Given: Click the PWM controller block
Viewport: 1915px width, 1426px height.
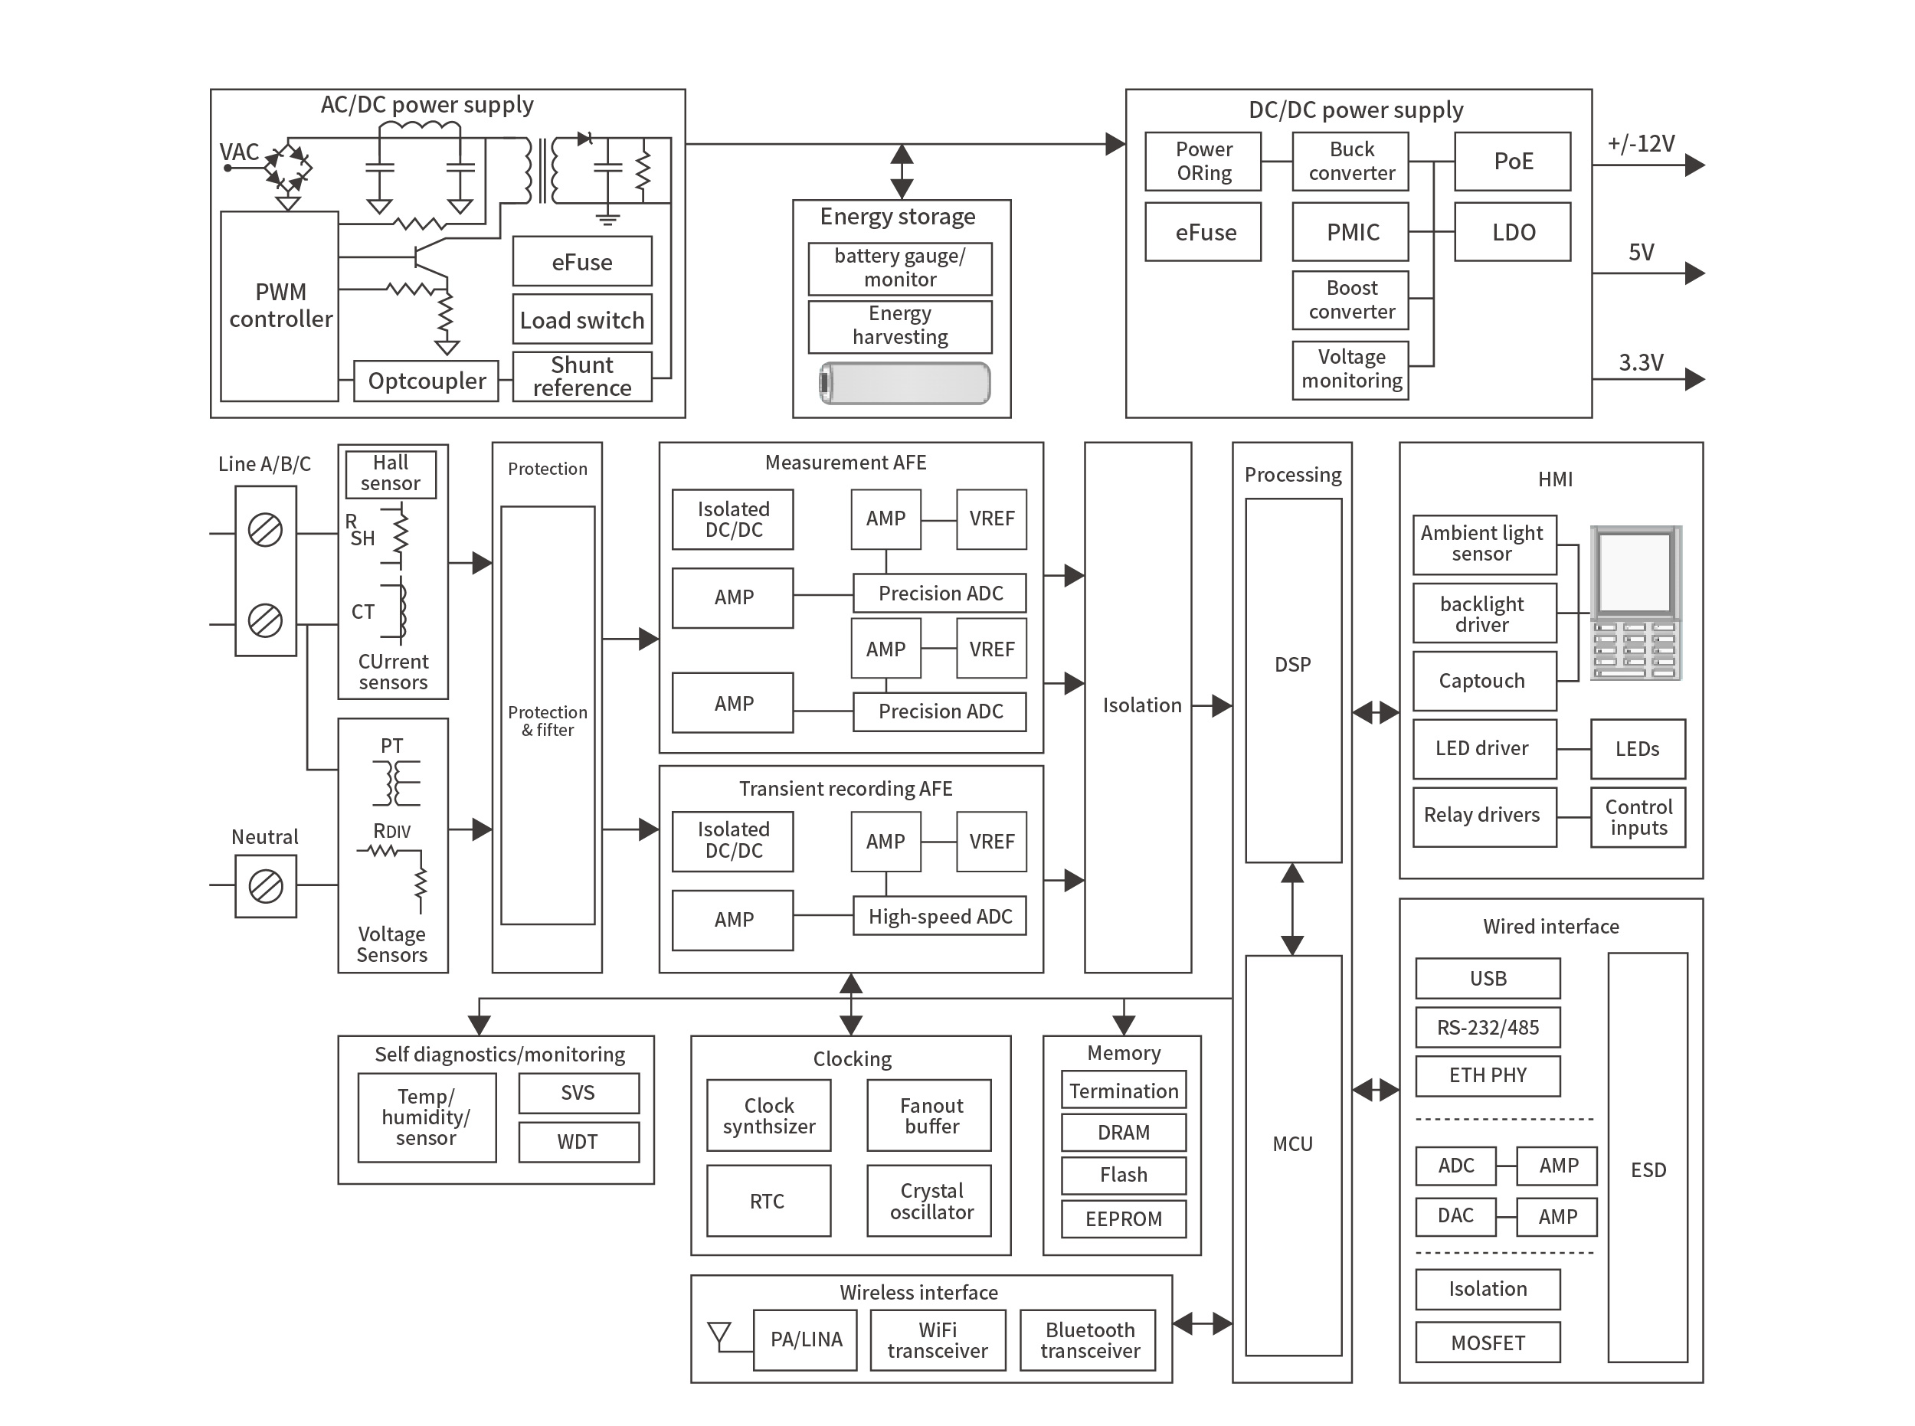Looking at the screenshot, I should (279, 306).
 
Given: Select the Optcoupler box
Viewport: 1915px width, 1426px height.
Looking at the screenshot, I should (426, 381).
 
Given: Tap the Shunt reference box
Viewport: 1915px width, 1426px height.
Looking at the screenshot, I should (581, 376).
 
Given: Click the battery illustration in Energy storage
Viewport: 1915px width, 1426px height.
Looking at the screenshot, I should (903, 383).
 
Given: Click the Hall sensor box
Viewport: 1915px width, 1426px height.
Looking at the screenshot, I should (390, 473).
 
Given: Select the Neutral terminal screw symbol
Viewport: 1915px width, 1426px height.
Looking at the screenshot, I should (265, 885).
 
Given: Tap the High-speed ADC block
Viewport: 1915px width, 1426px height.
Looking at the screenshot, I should (939, 916).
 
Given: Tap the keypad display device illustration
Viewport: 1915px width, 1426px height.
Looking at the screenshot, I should (1635, 603).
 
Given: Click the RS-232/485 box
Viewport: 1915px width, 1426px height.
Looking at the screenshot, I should (1487, 1027).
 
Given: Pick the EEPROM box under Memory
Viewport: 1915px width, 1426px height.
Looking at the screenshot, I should (1122, 1218).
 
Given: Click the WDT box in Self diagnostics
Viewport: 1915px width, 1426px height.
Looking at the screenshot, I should (578, 1141).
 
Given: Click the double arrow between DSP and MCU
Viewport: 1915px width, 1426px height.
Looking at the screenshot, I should (1291, 908).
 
